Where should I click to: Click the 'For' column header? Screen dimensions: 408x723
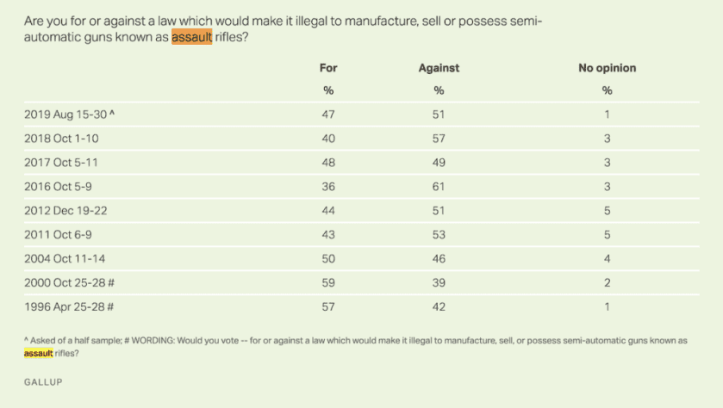pyautogui.click(x=327, y=68)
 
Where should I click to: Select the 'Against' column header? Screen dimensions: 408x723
pyautogui.click(x=439, y=68)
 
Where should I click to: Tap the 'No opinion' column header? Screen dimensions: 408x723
pyautogui.click(x=607, y=68)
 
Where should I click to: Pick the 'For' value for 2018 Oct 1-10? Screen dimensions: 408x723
pyautogui.click(x=327, y=137)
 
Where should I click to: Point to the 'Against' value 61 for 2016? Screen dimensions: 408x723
pyautogui.click(x=439, y=184)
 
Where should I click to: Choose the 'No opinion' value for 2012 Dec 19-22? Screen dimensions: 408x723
pyautogui.click(x=607, y=208)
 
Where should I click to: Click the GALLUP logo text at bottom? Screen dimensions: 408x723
pyautogui.click(x=42, y=380)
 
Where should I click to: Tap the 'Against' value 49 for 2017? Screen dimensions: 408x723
pyautogui.click(x=439, y=161)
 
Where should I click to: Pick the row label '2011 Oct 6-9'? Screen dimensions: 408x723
pyautogui.click(x=56, y=232)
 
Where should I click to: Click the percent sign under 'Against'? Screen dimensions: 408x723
pyautogui.click(x=439, y=90)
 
